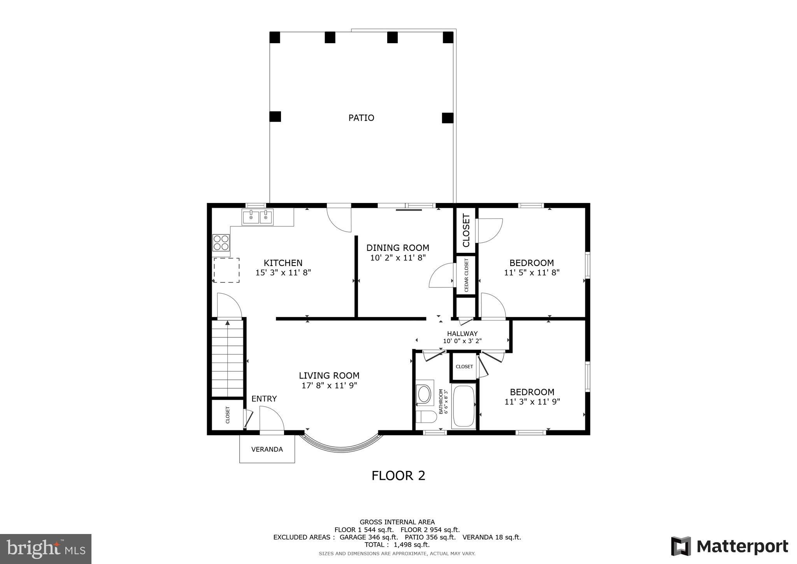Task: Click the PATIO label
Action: click(361, 118)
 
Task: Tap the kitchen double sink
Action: click(258, 217)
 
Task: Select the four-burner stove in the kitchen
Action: click(221, 242)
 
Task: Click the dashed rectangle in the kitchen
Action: click(226, 270)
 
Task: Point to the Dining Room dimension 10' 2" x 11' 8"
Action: click(398, 257)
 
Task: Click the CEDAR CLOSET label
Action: click(466, 275)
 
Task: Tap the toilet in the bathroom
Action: click(425, 416)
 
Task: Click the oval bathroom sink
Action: click(424, 394)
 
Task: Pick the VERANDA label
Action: click(267, 449)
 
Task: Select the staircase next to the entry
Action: click(228, 358)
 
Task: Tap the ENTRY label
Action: click(264, 398)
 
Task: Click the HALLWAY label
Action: click(462, 333)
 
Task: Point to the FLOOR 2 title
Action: click(398, 476)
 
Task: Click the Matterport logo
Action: click(730, 546)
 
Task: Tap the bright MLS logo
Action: click(46, 549)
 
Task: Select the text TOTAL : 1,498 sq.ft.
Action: click(397, 545)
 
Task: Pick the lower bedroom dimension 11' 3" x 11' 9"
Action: click(532, 402)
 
